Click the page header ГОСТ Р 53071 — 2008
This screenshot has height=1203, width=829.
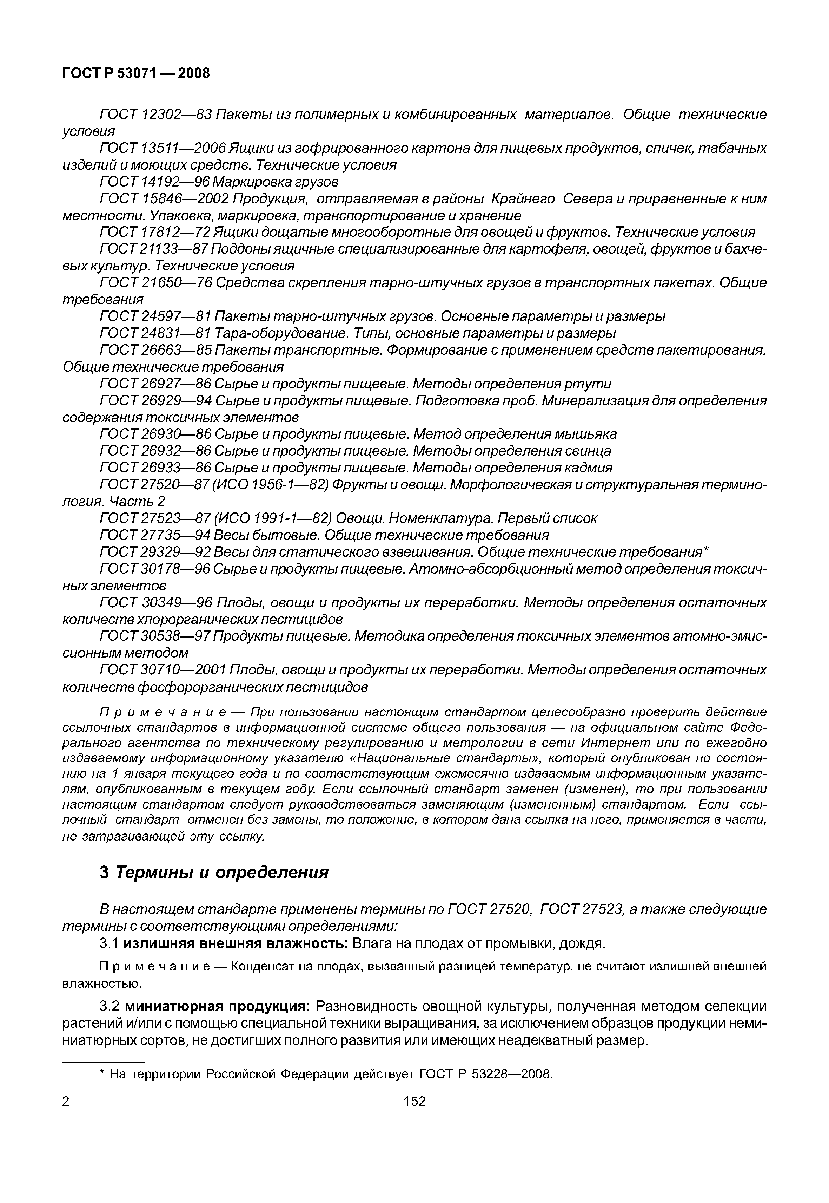coord(136,73)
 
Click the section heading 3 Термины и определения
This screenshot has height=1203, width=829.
coord(214,872)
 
